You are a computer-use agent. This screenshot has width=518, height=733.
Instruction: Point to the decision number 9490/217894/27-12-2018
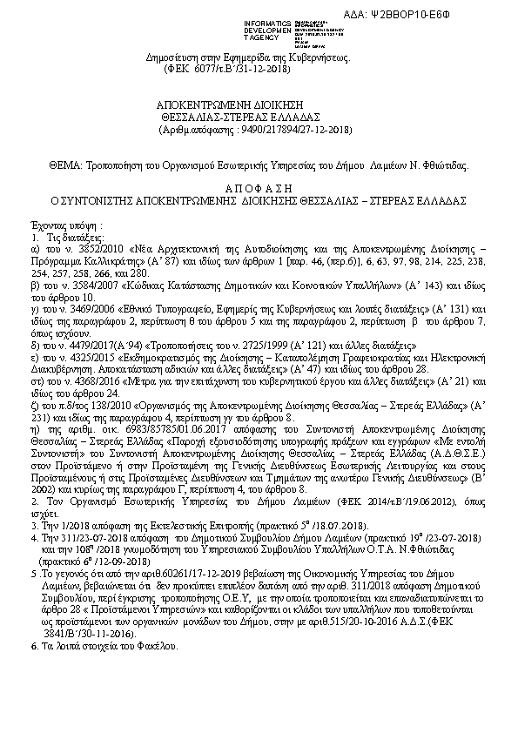288,129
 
